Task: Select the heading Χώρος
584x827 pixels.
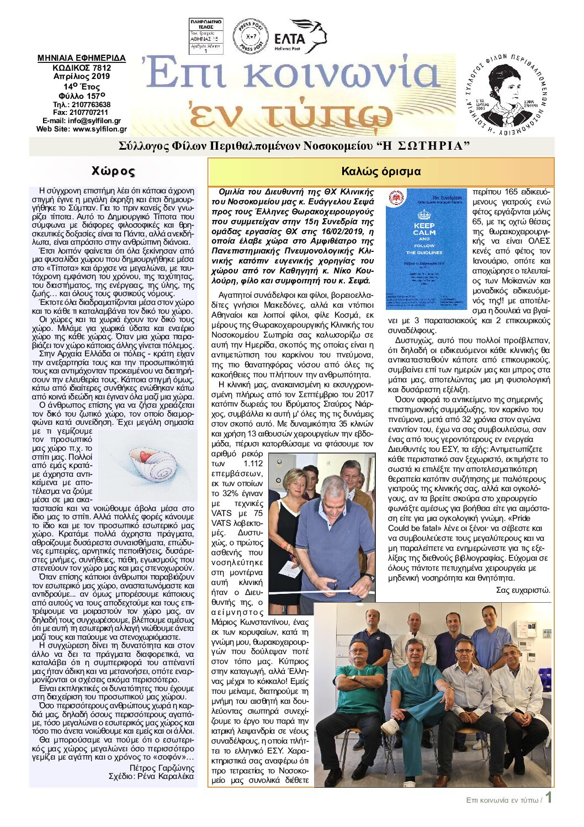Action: click(113, 171)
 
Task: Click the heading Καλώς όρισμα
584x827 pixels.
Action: click(381, 172)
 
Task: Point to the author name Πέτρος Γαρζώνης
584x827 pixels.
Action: click(162, 768)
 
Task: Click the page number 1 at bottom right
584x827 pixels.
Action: click(549, 798)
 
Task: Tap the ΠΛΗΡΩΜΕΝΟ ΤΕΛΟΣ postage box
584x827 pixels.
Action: click(206, 36)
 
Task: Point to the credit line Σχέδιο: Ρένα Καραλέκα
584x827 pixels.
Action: click(151, 776)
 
